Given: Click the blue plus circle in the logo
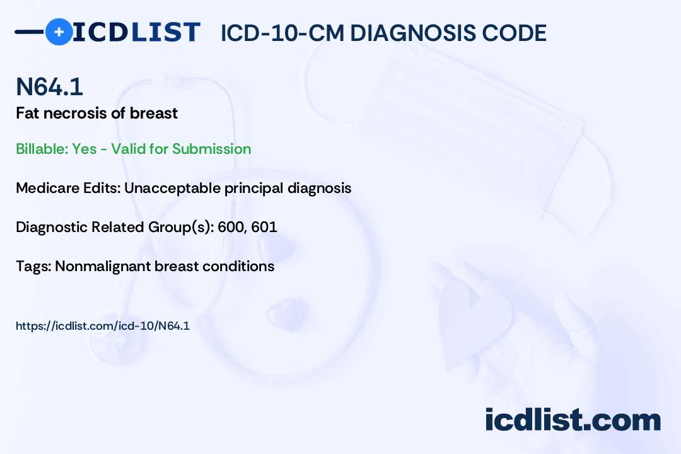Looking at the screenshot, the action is [59, 32].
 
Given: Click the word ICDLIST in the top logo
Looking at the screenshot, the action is [136, 32].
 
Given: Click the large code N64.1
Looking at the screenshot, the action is [49, 86].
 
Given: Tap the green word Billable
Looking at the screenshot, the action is [42, 149].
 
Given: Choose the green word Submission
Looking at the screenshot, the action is [211, 149].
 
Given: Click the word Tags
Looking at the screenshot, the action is [33, 266].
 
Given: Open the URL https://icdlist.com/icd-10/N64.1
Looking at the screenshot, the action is [103, 326].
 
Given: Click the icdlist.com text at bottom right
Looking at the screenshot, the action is [573, 419].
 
